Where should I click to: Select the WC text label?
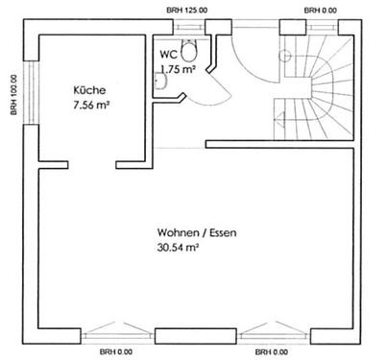point(167,55)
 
